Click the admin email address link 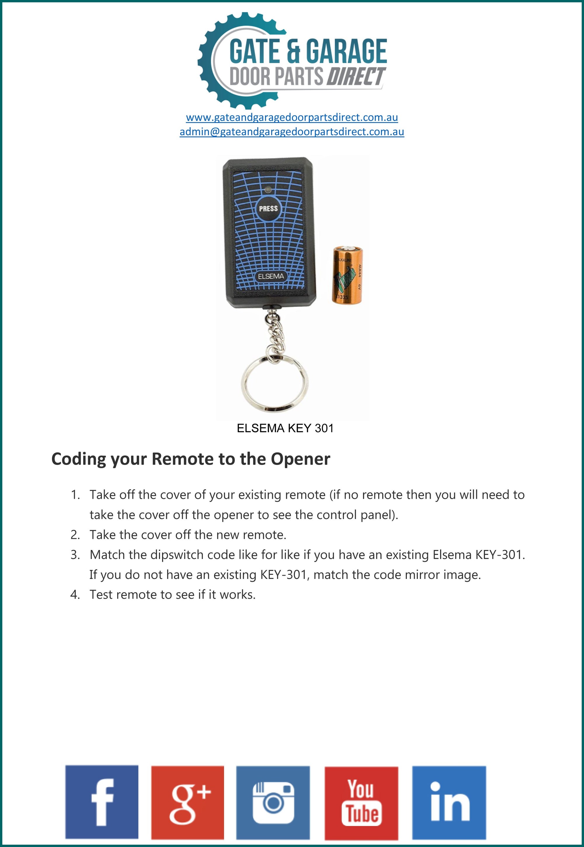tap(292, 132)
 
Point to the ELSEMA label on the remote tap(271, 276)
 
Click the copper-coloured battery tap(347, 275)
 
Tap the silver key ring tap(274, 383)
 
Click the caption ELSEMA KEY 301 tap(285, 428)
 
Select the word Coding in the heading tap(79, 459)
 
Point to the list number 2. tap(75, 535)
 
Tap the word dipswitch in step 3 tap(177, 555)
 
